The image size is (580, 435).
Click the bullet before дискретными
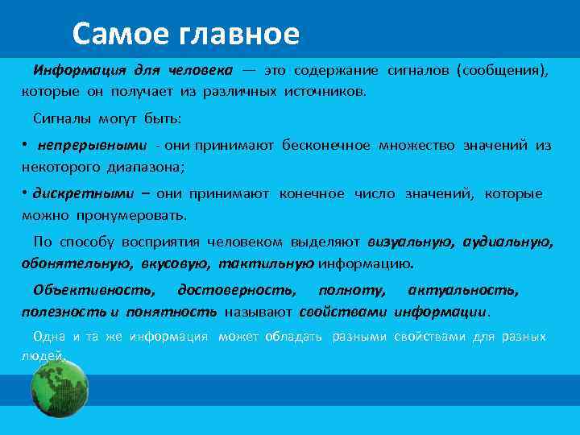point(25,193)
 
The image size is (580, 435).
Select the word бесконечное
point(326,145)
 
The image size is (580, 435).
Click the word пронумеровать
point(130,215)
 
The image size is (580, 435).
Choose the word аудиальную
point(508,242)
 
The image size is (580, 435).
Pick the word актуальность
point(463,290)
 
